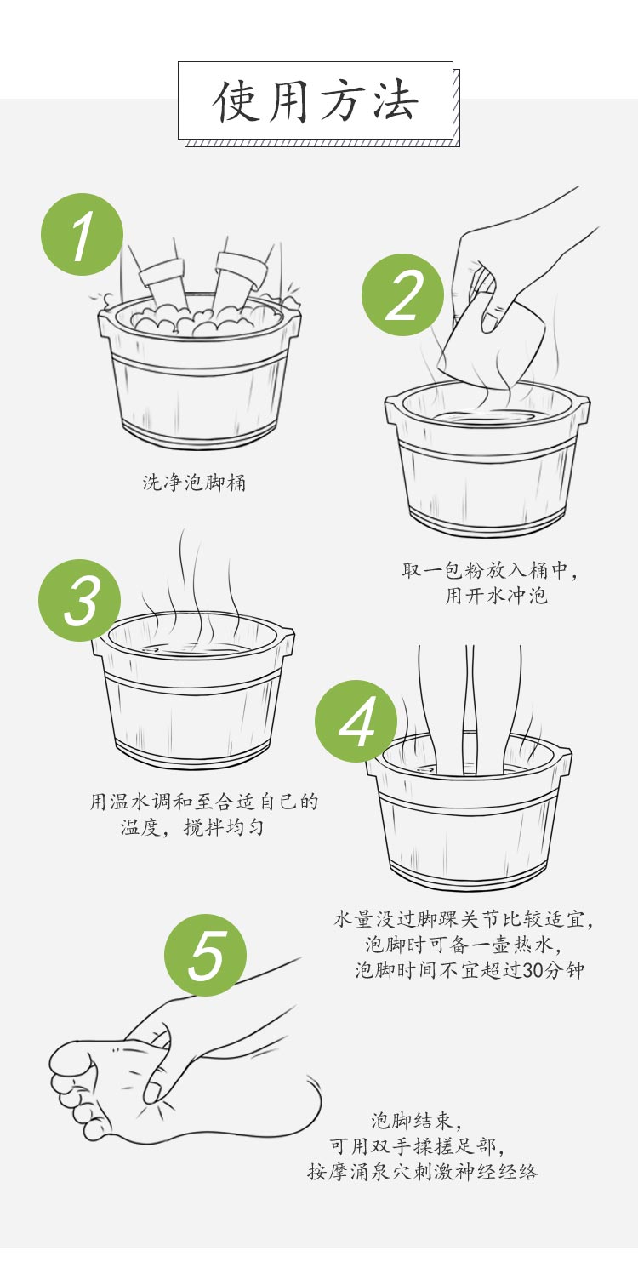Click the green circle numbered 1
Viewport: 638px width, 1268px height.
[x=82, y=235]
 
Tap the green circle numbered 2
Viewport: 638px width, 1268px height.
[x=402, y=295]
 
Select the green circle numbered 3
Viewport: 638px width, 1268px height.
[x=80, y=600]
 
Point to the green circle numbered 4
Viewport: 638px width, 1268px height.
[x=356, y=721]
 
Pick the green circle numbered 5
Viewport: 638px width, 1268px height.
[x=206, y=955]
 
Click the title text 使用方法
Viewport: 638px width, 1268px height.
[x=316, y=102]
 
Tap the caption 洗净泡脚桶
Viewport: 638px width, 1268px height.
[x=194, y=483]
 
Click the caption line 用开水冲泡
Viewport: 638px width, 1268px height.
[x=496, y=596]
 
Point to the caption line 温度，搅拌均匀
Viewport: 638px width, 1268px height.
[x=192, y=827]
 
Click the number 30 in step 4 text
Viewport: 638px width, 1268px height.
[x=533, y=970]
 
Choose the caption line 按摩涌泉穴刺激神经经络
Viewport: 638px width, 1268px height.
[x=423, y=1171]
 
